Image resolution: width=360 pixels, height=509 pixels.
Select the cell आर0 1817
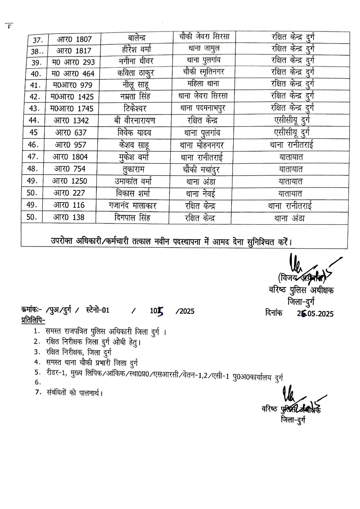(x=74, y=51)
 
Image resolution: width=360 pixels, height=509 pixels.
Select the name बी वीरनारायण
(x=134, y=121)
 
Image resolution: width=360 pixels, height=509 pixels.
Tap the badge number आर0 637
(x=71, y=133)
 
